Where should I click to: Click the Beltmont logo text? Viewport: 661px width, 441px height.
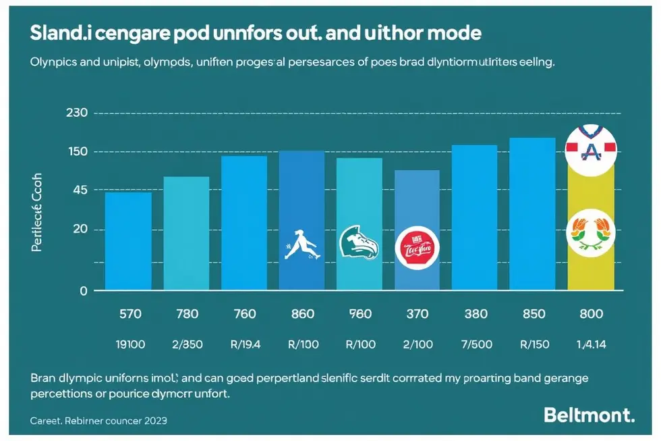(x=589, y=415)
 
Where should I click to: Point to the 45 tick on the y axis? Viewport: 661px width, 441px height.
(x=80, y=191)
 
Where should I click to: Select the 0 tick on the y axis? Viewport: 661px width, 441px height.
(x=84, y=291)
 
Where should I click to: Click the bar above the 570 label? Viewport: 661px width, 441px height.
(x=128, y=241)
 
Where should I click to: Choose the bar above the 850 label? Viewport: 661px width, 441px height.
(x=532, y=214)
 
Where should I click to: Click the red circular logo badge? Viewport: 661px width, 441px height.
(x=418, y=248)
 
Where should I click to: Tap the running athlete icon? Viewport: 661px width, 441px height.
(x=301, y=244)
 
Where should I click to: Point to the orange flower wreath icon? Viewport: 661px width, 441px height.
(x=591, y=232)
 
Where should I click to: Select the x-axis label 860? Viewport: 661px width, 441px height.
(x=301, y=314)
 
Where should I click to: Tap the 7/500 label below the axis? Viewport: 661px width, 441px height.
(x=475, y=344)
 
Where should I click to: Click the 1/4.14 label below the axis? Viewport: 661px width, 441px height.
(x=590, y=344)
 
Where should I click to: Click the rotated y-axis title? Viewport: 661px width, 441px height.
(x=38, y=211)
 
